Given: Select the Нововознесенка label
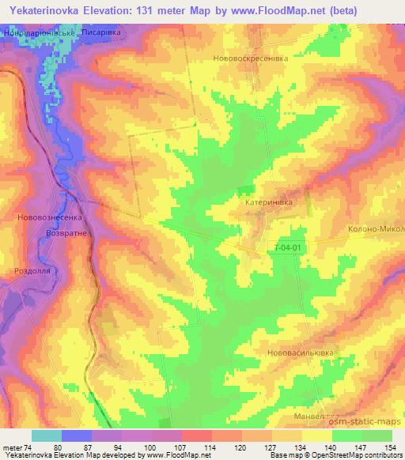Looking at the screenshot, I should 49,217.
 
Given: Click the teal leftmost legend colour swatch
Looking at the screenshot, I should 47,435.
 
